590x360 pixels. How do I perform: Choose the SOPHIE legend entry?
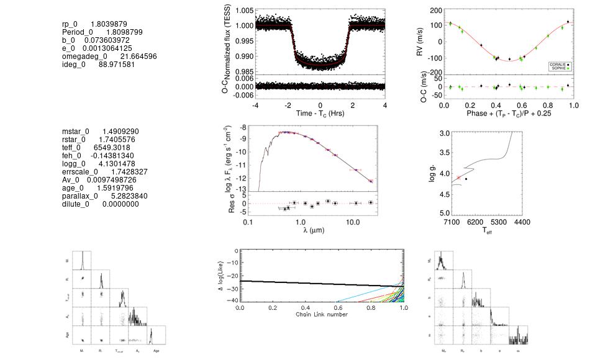pos(560,68)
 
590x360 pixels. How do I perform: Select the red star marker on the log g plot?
pos(458,178)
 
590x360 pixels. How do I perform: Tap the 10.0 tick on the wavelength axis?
pos(353,222)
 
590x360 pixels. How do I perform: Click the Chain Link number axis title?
pos(321,314)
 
